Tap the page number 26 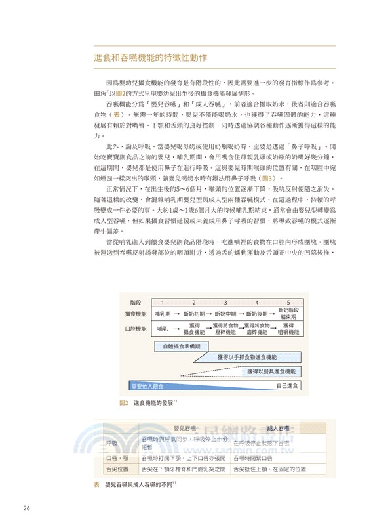27,508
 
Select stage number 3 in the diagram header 225,302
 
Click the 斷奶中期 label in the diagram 225,314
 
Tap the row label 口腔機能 134,327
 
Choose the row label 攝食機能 134,314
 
